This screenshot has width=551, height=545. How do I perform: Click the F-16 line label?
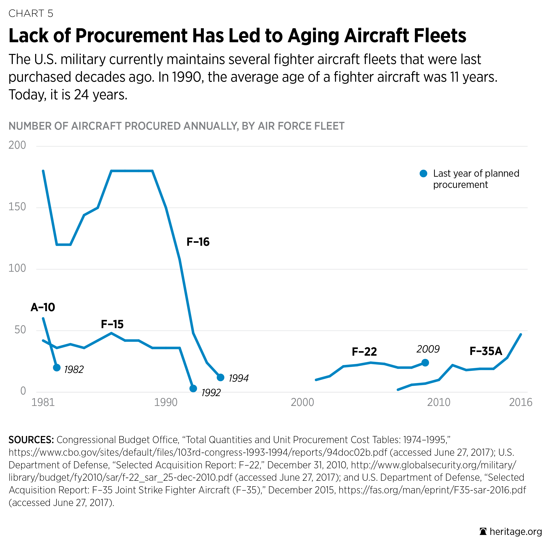[x=198, y=242]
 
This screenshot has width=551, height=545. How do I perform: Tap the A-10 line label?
[x=43, y=307]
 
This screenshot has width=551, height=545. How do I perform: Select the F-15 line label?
[x=112, y=324]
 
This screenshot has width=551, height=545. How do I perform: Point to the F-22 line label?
[x=364, y=352]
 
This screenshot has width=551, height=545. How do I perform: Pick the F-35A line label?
[x=486, y=351]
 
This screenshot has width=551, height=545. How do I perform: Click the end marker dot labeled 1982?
[x=57, y=368]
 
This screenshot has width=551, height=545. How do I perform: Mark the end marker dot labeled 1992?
[x=193, y=388]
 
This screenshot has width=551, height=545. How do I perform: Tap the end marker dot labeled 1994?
[x=220, y=377]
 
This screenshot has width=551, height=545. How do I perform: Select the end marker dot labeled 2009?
[x=425, y=363]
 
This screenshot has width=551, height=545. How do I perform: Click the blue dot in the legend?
[x=424, y=173]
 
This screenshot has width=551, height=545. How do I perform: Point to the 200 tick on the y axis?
[x=17, y=145]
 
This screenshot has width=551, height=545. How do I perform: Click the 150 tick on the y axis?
[x=17, y=207]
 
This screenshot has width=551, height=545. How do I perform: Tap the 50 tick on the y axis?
[x=20, y=330]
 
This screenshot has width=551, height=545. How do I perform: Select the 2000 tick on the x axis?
[x=302, y=402]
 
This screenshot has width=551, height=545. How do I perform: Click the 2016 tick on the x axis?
[x=520, y=402]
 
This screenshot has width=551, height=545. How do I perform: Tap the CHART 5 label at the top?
[x=31, y=13]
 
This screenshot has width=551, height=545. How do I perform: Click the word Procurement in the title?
[x=131, y=36]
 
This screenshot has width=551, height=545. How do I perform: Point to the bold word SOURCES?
[x=31, y=440]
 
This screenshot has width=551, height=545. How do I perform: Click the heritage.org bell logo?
[x=483, y=532]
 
